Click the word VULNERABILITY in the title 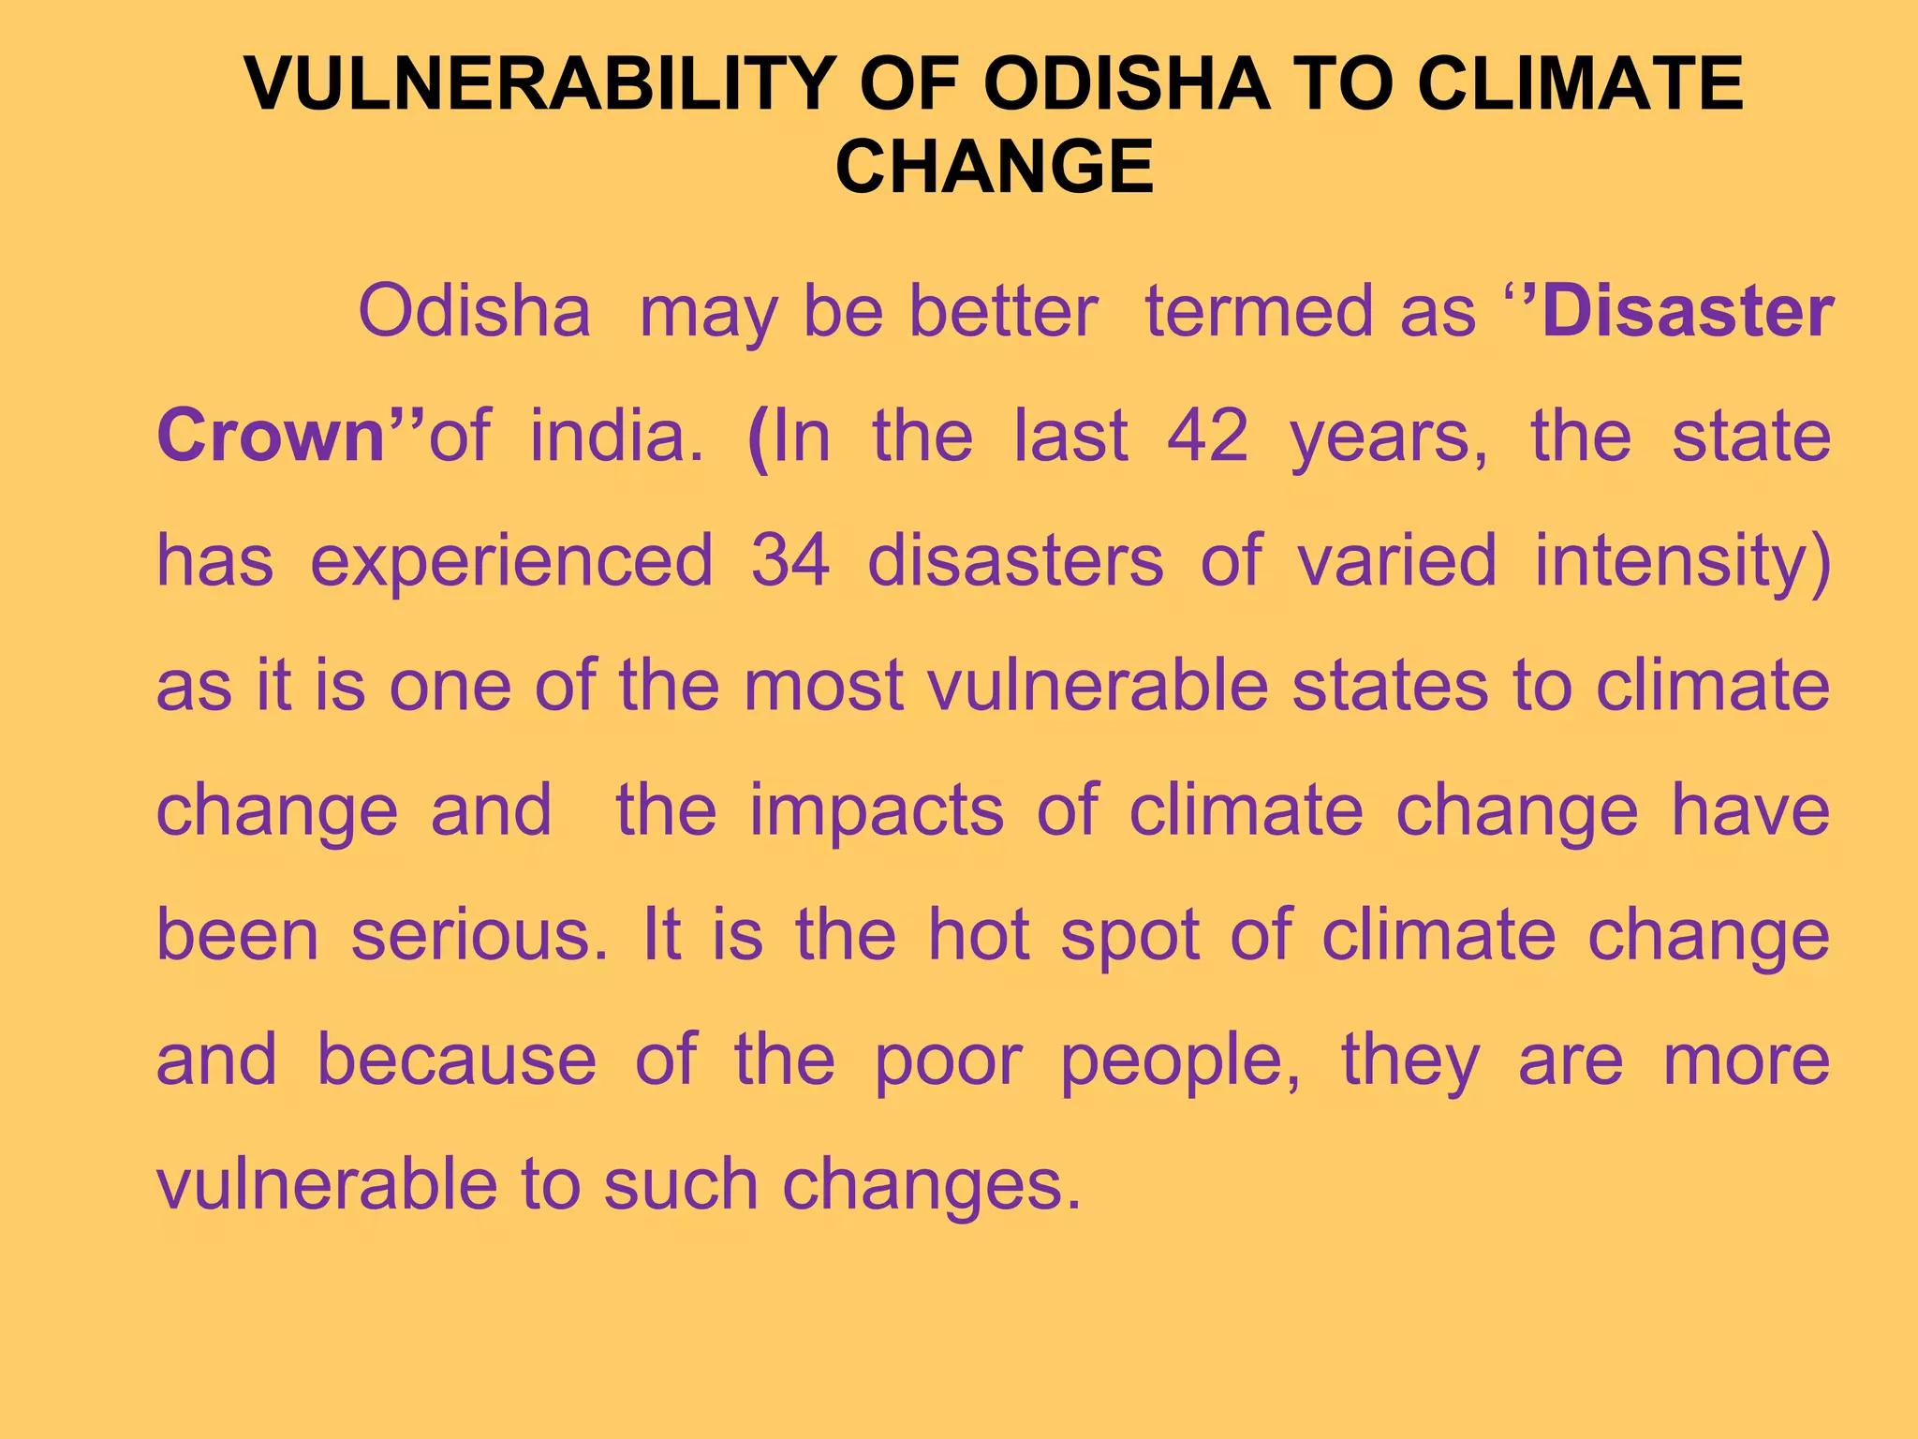pos(539,84)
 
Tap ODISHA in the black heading pos(1128,84)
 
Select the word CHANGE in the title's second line pos(994,167)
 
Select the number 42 pos(1207,436)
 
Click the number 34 pos(790,560)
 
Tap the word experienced pos(511,560)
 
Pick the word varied pos(1396,560)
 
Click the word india pos(615,436)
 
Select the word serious pos(479,935)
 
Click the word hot pos(979,935)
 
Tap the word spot pos(1129,935)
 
